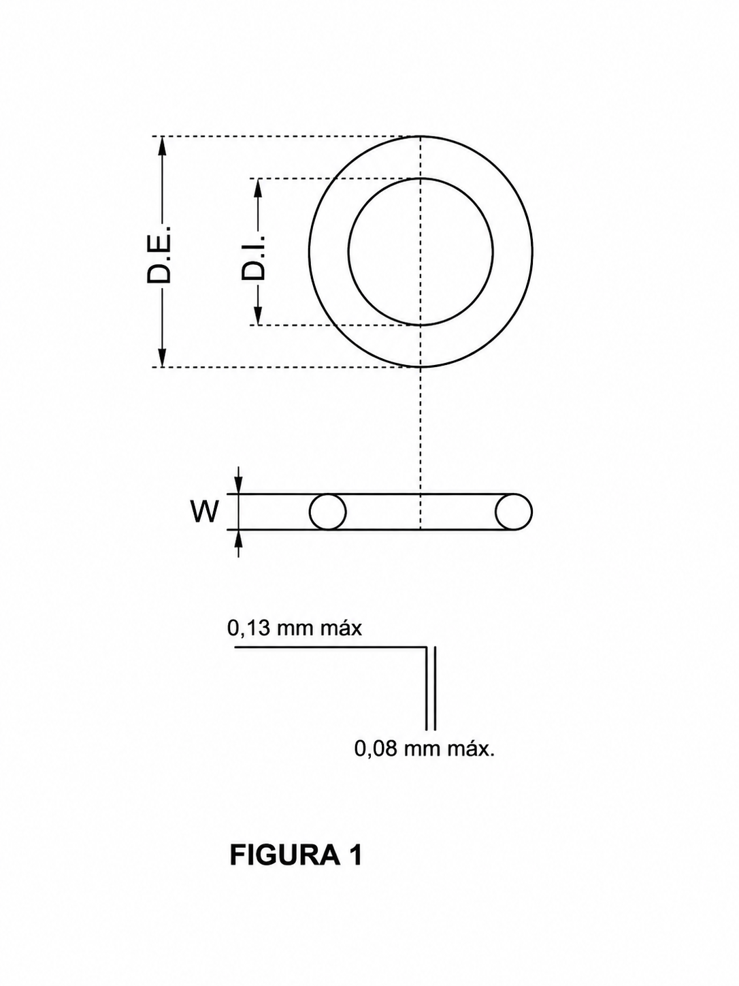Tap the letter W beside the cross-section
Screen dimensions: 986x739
[x=205, y=511]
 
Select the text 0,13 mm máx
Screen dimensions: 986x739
[x=295, y=628]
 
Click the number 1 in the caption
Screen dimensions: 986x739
[x=355, y=855]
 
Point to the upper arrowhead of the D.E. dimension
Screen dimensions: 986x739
[x=162, y=145]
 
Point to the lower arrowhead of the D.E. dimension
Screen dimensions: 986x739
[x=162, y=358]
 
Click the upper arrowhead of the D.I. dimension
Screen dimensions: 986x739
[x=258, y=187]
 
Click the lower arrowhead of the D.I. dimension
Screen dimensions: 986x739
[x=258, y=316]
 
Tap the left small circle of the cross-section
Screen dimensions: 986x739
[x=328, y=512]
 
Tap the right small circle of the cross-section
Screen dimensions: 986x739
[x=513, y=512]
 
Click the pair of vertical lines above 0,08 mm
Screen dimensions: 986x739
[x=430, y=688]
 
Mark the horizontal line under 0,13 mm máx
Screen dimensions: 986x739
[x=327, y=647]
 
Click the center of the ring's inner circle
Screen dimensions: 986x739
[x=421, y=252]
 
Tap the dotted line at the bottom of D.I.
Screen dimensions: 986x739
[x=333, y=325]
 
